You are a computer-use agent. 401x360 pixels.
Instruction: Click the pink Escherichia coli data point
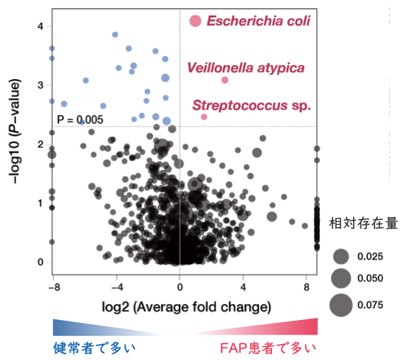[195, 21]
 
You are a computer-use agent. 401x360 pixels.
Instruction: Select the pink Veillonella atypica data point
[225, 80]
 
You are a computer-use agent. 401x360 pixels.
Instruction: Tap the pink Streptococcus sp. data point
[203, 116]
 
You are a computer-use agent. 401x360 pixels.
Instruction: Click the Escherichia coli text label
[258, 21]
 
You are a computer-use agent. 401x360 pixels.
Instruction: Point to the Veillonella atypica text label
[246, 68]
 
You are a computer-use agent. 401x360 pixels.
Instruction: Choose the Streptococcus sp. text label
[252, 105]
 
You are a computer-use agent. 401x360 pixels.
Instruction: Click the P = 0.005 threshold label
[80, 120]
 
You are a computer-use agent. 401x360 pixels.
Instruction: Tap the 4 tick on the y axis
[40, 27]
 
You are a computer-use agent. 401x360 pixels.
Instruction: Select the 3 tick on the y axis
[40, 85]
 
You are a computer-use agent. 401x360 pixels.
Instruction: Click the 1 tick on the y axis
[40, 203]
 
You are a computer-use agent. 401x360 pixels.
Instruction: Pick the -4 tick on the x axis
[116, 287]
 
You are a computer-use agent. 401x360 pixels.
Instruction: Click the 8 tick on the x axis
[307, 287]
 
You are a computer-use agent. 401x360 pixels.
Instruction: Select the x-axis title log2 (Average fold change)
[180, 307]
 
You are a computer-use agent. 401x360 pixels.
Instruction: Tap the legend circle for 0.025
[341, 256]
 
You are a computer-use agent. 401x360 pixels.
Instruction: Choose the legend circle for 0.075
[341, 305]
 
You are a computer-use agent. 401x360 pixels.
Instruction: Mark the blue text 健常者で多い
[96, 348]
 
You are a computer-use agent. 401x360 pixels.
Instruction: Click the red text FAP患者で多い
[268, 348]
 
